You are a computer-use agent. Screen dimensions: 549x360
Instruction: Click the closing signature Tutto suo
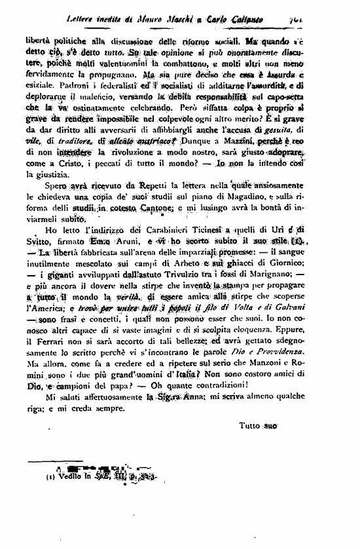259,444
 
